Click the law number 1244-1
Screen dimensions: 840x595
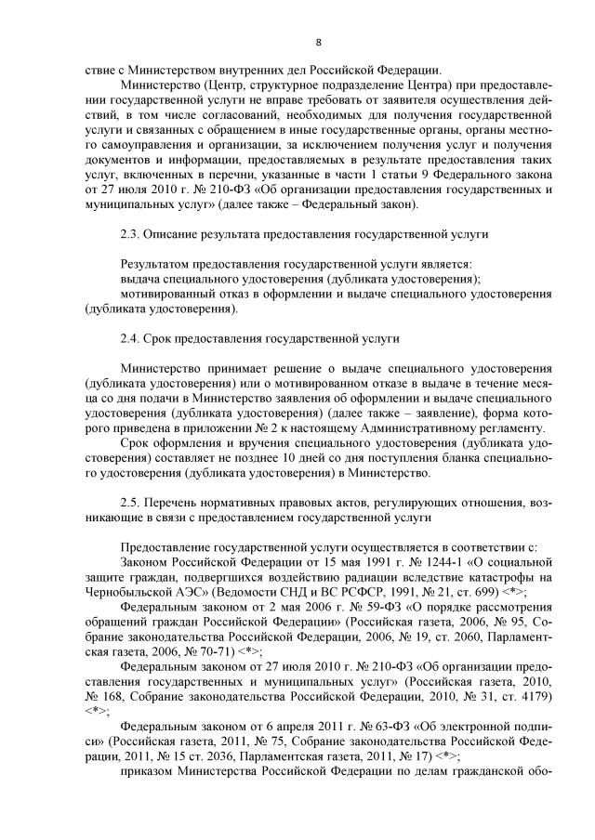[382, 562]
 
